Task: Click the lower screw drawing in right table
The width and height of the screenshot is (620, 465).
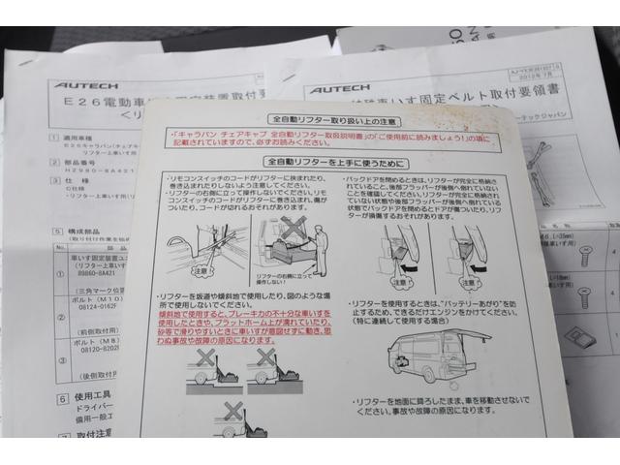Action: (x=584, y=294)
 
